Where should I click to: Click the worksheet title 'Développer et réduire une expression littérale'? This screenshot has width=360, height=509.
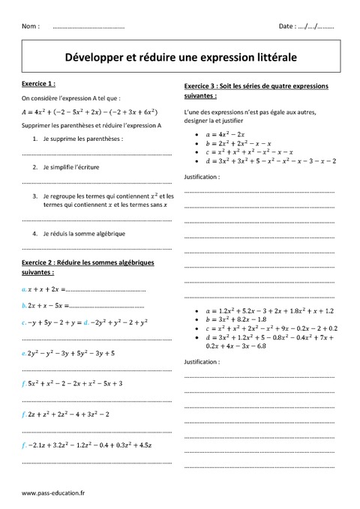tap(180, 55)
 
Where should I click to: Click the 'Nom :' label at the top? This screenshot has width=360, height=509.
tap(31, 26)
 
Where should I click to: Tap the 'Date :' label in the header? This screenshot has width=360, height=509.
tap(287, 26)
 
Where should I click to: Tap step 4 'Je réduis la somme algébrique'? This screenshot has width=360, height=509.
tap(84, 233)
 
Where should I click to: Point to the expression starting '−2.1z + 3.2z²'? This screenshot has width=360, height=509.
tap(94, 446)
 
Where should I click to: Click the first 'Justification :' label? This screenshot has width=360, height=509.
tap(202, 177)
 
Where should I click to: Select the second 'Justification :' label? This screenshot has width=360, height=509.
tap(202, 360)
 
